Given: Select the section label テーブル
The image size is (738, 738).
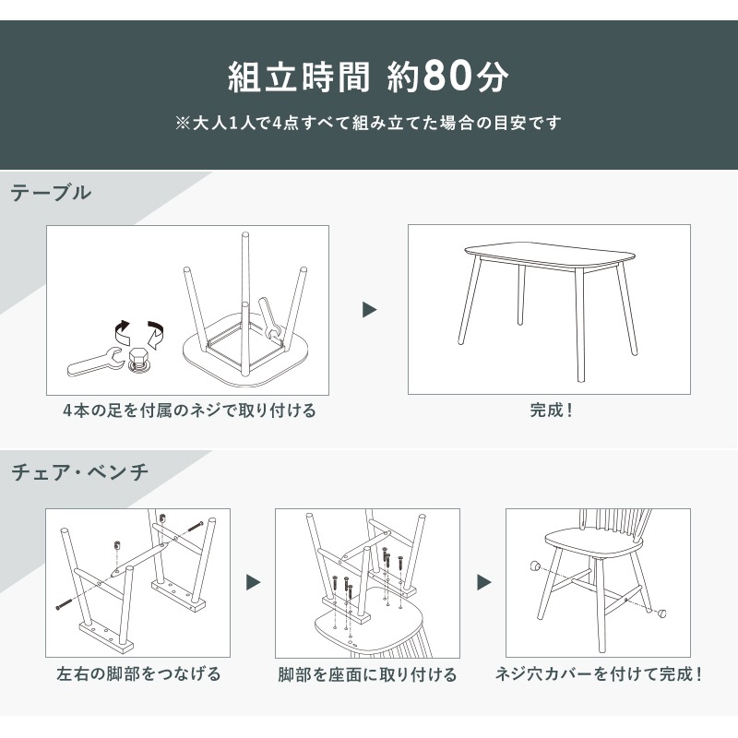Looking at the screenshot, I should pos(51,193).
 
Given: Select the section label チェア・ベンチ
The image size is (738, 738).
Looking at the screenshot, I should pos(79,473).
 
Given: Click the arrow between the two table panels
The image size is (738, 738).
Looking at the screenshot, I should pos(369,310).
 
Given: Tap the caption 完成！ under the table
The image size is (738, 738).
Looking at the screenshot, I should pos(551,410).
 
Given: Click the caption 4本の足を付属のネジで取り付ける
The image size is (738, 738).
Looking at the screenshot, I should pos(189,411).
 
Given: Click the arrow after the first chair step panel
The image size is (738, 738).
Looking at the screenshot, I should pos(253,583).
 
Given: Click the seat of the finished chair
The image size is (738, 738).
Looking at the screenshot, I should pos(581,539).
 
